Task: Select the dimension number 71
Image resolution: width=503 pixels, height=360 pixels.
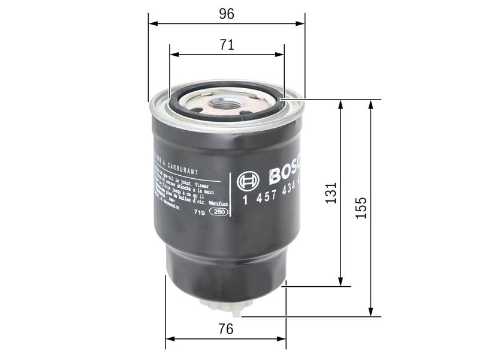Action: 227,44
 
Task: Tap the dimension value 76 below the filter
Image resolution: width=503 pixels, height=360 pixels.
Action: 226,329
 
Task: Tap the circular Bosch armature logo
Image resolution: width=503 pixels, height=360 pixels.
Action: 248,181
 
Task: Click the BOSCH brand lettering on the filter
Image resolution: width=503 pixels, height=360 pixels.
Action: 287,174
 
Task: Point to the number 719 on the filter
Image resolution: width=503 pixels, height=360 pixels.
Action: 199,212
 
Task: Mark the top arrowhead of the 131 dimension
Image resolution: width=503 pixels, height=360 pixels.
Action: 341,103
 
